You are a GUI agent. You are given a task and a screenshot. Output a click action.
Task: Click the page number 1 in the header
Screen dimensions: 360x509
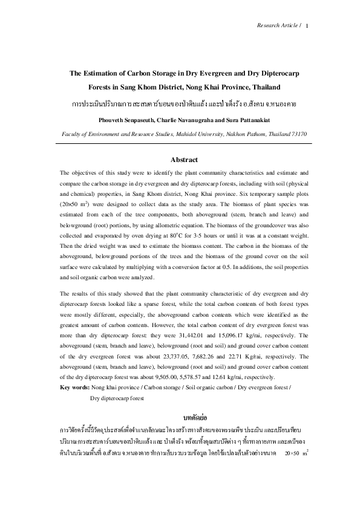point(308,26)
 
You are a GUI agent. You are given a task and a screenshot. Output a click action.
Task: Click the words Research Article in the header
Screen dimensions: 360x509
point(277,26)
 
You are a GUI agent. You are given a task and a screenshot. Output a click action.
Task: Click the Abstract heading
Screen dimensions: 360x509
point(185,160)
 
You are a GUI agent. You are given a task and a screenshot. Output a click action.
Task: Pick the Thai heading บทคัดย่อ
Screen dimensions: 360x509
point(184,418)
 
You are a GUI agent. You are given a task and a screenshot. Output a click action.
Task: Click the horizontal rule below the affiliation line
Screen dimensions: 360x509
point(184,143)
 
